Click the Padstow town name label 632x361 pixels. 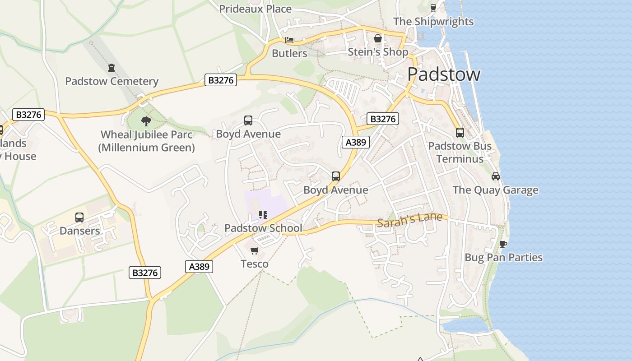[x=443, y=74]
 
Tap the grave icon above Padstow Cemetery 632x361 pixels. [x=112, y=68]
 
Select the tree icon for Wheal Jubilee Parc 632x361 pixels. [x=146, y=121]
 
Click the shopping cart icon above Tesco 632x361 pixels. [x=255, y=250]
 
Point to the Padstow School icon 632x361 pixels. [x=263, y=215]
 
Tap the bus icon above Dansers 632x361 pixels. [x=79, y=218]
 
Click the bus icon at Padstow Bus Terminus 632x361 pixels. [x=460, y=133]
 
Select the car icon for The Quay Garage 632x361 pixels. [x=495, y=176]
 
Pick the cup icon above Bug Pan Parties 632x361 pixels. [x=503, y=244]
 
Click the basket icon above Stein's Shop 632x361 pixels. [x=378, y=39]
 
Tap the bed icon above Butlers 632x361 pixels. [x=289, y=40]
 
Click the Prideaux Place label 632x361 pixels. [x=255, y=9]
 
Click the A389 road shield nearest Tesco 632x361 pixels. [x=199, y=267]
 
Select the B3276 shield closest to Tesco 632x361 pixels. [x=145, y=273]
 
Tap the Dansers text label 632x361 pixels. [x=79, y=231]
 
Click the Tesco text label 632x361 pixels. [x=255, y=264]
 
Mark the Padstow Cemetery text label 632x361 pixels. [x=112, y=82]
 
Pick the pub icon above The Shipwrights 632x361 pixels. [x=433, y=8]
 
